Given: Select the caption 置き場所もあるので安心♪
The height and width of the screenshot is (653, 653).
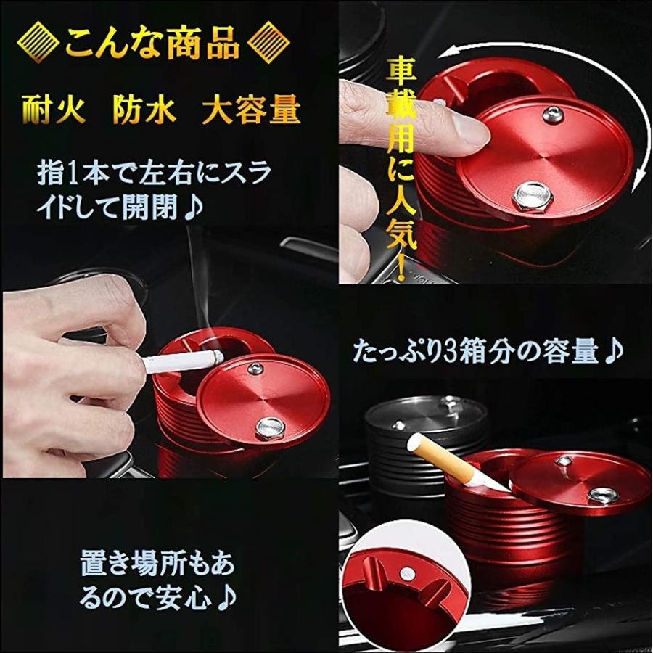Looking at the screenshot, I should [157, 580].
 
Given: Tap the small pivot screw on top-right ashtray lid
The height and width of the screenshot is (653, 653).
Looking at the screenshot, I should [553, 112].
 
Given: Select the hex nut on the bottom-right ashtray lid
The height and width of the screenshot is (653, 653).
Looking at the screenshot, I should [604, 495].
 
